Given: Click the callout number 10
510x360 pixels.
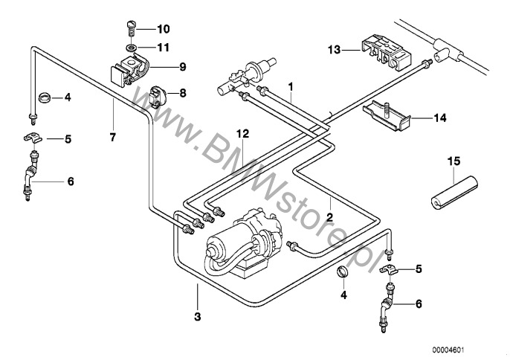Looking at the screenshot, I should [163, 30].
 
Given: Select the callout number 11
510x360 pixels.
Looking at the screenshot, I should [163, 47].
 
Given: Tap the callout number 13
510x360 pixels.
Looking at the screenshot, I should [334, 49].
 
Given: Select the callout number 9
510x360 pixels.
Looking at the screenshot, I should [181, 66].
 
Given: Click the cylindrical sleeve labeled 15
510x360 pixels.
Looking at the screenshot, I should [449, 191].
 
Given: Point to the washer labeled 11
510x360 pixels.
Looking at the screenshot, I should [131, 48].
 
